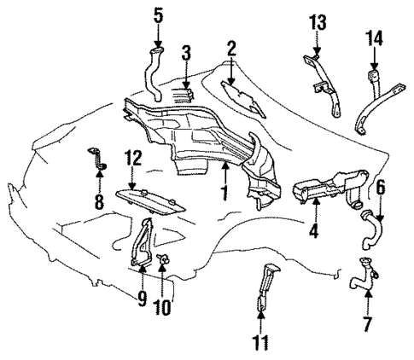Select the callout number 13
click(x=318, y=21)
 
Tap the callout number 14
click(x=373, y=38)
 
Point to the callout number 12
click(x=132, y=157)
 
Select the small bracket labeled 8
click(x=96, y=160)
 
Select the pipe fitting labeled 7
click(x=362, y=276)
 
